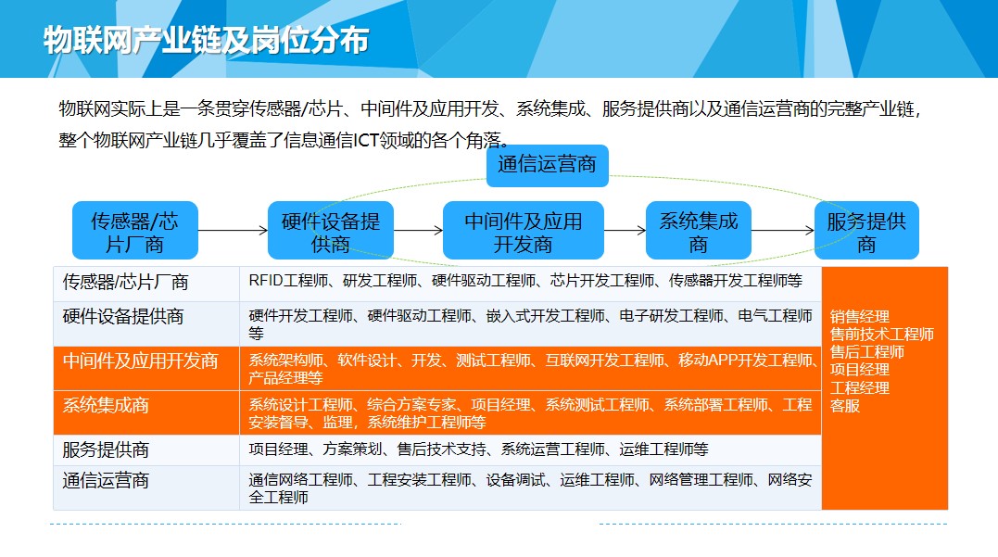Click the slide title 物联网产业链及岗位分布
[207, 40]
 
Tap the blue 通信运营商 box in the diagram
[548, 166]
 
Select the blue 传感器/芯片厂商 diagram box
[135, 231]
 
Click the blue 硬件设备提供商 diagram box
[330, 231]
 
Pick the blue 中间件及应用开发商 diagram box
[524, 231]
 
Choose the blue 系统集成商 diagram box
[698, 231]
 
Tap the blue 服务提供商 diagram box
[866, 231]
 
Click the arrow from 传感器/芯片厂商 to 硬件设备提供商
[233, 231]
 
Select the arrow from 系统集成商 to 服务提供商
[783, 231]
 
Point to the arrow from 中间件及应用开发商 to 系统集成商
[625, 231]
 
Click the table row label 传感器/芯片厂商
[125, 282]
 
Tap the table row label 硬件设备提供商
[123, 316]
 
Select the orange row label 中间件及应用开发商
[140, 361]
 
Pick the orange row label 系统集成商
[106, 406]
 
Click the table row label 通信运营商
[106, 481]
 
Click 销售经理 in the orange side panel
[859, 316]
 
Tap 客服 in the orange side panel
[844, 406]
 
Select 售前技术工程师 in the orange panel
[881, 335]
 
